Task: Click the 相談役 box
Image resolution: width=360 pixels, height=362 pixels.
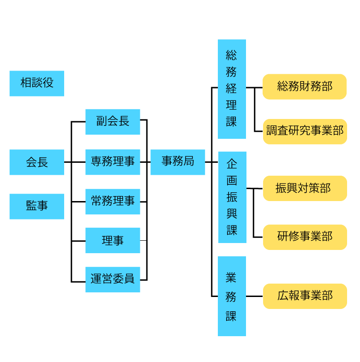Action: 37,83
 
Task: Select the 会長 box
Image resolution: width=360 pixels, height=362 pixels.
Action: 37,162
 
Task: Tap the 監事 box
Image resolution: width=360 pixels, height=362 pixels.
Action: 37,206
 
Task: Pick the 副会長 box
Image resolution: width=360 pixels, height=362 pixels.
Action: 113,122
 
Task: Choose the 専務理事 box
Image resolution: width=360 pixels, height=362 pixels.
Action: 113,162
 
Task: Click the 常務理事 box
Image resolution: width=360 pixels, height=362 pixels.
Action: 113,202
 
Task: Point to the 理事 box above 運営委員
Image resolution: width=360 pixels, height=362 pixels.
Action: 113,240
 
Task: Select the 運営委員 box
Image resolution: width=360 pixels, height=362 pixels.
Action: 113,279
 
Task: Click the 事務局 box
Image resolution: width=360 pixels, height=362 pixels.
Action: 178,162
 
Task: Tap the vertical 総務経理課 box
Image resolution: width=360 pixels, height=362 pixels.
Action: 232,89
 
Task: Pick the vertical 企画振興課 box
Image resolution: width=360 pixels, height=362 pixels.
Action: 232,197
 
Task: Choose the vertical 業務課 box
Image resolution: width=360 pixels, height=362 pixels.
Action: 232,297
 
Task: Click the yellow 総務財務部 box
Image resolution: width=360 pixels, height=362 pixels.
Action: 305,87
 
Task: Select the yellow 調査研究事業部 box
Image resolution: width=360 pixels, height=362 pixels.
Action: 305,131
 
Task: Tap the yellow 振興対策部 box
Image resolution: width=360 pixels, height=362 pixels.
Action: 305,188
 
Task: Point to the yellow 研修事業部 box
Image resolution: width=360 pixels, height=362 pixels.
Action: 305,237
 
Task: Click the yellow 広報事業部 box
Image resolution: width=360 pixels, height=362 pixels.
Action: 305,296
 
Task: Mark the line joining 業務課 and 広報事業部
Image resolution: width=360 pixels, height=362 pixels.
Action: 254,296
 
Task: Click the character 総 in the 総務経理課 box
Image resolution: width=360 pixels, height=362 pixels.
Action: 231,56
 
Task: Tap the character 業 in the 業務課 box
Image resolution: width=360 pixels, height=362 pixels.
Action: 231,278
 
